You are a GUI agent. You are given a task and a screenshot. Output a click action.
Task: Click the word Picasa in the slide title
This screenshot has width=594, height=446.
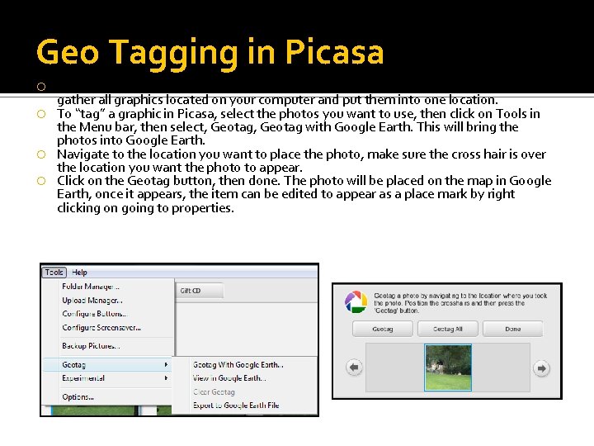334,53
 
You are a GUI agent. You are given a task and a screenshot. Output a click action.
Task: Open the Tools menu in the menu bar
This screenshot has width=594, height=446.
54,273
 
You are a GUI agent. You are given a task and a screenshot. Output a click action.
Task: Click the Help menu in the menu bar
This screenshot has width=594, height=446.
79,273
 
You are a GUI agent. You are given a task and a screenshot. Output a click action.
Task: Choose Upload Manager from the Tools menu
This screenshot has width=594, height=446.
92,300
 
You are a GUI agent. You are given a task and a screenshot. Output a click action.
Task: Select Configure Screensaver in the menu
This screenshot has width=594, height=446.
101,328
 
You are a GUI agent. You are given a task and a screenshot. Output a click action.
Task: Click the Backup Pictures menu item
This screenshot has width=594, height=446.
91,346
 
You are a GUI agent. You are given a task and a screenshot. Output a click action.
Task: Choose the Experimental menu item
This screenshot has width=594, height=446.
83,378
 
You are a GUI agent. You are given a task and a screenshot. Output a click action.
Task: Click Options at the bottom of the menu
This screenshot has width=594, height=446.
78,397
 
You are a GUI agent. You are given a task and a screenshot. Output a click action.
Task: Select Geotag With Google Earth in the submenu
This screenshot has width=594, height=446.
238,364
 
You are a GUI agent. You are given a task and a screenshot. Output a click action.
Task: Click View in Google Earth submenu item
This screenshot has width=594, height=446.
229,378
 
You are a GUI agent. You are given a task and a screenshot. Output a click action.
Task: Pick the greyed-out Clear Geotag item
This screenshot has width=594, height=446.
214,392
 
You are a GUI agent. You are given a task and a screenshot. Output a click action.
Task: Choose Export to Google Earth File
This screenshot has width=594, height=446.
235,406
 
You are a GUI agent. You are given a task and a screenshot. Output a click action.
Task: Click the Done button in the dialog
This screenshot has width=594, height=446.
512,329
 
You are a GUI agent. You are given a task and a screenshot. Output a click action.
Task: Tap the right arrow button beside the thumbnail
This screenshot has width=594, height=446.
542,368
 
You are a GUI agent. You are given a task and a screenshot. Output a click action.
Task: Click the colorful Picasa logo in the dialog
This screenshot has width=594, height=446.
356,301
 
